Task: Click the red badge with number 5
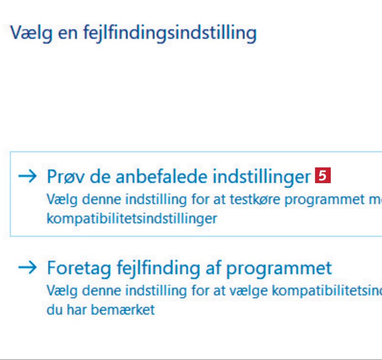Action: pyautogui.click(x=323, y=175)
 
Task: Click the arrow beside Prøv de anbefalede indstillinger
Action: pyautogui.click(x=27, y=176)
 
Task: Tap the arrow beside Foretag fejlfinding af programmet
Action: pyautogui.click(x=27, y=267)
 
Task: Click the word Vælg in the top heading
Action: pyautogui.click(x=31, y=33)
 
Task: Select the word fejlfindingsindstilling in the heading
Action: pyautogui.click(x=170, y=33)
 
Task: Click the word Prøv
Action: pyautogui.click(x=66, y=176)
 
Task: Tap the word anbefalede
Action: pyautogui.click(x=161, y=176)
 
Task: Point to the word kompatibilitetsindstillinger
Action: pyautogui.click(x=132, y=219)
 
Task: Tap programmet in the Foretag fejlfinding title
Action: pyautogui.click(x=279, y=269)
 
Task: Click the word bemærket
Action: pyautogui.click(x=123, y=310)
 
